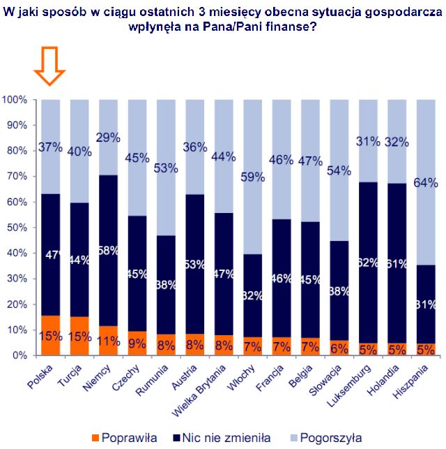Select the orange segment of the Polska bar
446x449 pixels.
(x=51, y=336)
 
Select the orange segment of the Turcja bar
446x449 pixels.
(x=79, y=337)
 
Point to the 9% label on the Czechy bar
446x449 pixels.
(x=137, y=344)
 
